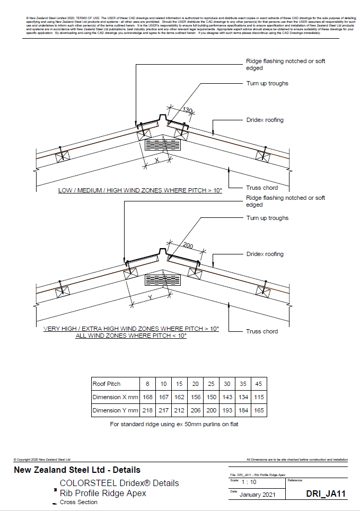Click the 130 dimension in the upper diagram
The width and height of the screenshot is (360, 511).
186,110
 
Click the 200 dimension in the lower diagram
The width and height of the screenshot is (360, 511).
188,246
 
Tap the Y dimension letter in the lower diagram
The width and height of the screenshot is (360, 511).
150,298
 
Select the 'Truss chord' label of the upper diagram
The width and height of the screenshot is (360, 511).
261,188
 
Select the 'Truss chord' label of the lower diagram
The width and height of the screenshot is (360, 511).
261,331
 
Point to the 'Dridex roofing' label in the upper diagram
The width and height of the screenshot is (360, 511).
265,120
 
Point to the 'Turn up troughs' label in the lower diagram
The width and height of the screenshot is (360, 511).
267,218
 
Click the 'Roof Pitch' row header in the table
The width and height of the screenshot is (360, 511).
107,384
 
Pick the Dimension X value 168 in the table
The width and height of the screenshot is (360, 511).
148,397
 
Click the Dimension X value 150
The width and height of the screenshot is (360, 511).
212,397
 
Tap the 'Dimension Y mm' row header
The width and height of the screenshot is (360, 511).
115,410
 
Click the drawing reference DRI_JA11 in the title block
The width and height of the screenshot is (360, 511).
326,494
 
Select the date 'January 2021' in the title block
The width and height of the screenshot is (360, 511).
257,495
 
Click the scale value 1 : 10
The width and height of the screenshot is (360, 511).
249,482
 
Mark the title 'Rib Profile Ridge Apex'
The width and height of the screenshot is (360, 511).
103,493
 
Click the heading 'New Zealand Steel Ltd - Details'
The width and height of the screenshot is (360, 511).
77,470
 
